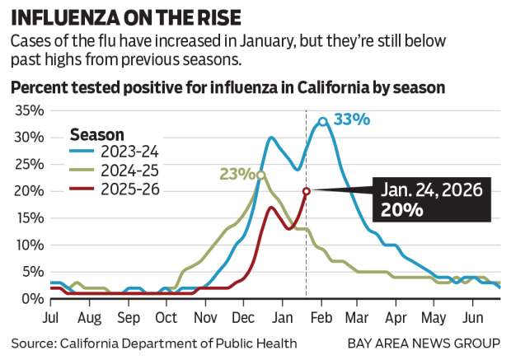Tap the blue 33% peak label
(x=352, y=119)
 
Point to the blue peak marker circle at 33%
(x=323, y=121)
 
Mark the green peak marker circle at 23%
(x=261, y=175)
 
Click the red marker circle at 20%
(x=307, y=191)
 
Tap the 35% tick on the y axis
(x=27, y=110)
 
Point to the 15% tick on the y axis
(x=27, y=218)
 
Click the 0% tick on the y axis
(x=30, y=299)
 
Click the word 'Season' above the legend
(x=97, y=133)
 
